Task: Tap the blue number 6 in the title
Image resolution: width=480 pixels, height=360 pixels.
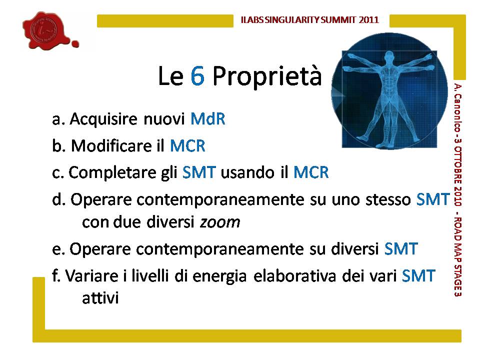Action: (x=197, y=75)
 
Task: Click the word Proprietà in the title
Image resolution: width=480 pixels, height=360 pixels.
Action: (x=267, y=76)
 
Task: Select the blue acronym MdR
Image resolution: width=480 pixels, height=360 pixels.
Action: (x=208, y=119)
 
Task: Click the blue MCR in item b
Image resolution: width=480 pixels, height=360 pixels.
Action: (x=187, y=145)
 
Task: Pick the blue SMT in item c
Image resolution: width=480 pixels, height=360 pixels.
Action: (x=199, y=172)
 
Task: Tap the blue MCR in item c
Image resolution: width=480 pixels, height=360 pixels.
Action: (x=311, y=172)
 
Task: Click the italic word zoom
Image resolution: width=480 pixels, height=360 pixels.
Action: (x=220, y=222)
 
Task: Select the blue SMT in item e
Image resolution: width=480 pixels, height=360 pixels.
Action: (x=401, y=248)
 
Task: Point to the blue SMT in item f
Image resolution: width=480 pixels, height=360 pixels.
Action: (x=418, y=275)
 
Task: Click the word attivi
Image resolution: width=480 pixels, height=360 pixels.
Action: (x=100, y=298)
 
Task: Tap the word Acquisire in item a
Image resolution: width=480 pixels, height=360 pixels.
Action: (x=103, y=119)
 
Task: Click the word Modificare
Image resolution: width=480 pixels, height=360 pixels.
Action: (x=111, y=145)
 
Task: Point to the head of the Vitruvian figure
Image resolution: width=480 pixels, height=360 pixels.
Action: (x=389, y=57)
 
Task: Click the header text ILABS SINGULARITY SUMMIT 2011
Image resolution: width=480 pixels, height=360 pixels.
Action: (x=310, y=20)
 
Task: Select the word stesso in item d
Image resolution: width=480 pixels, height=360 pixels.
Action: (x=388, y=199)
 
